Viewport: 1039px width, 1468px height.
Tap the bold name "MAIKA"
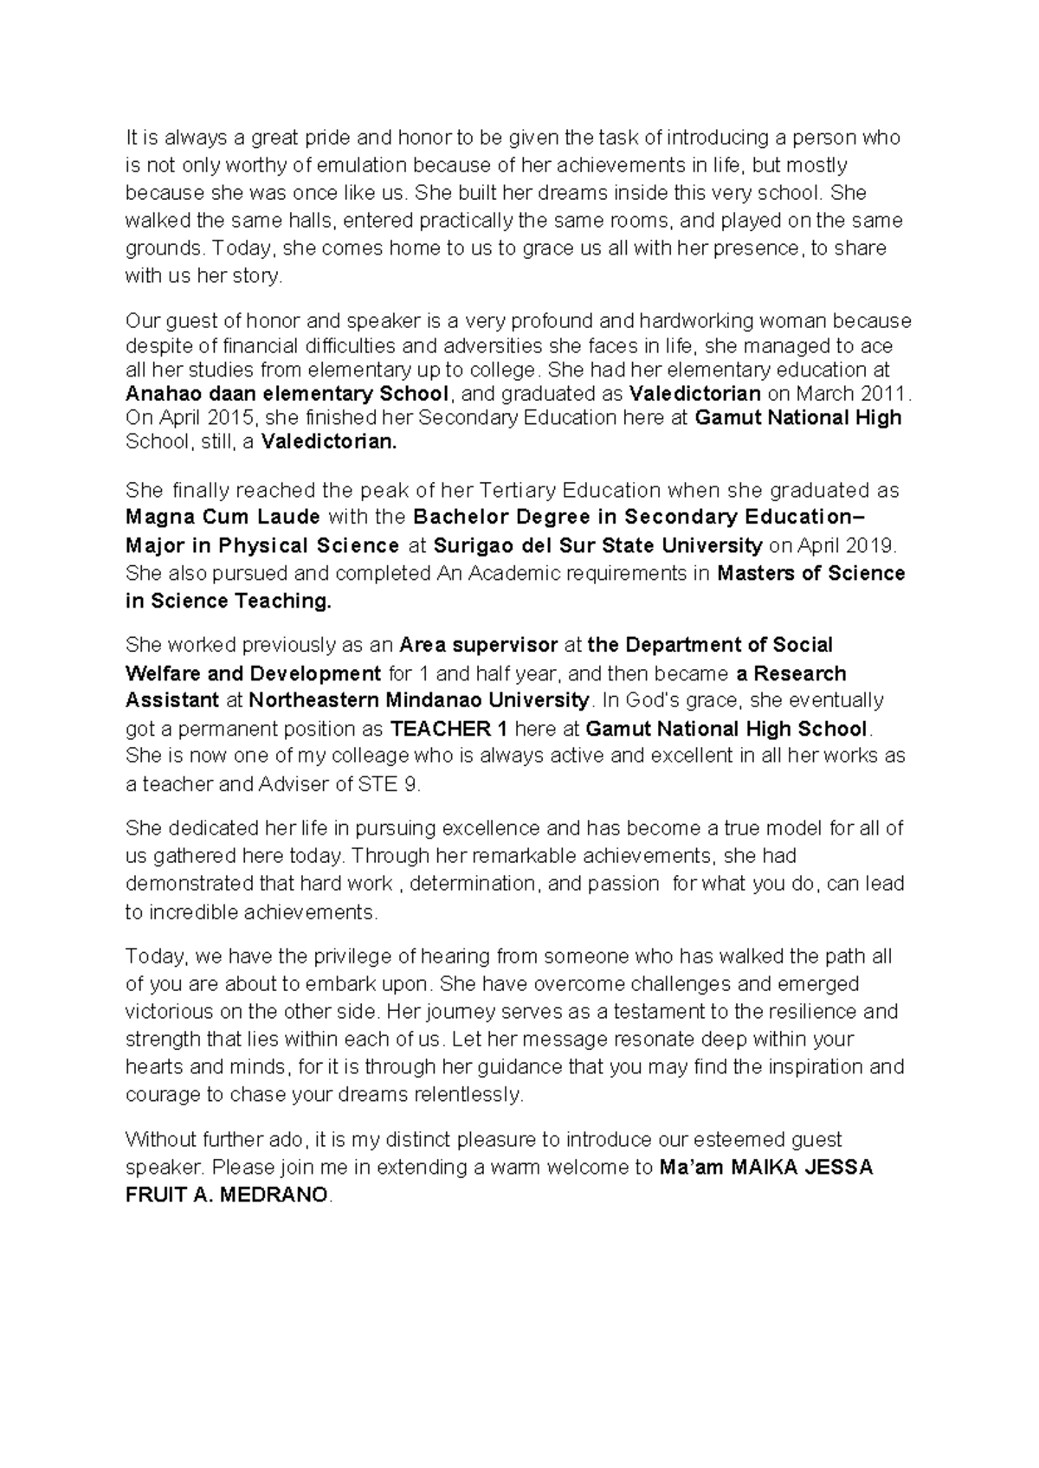[x=765, y=1167]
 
